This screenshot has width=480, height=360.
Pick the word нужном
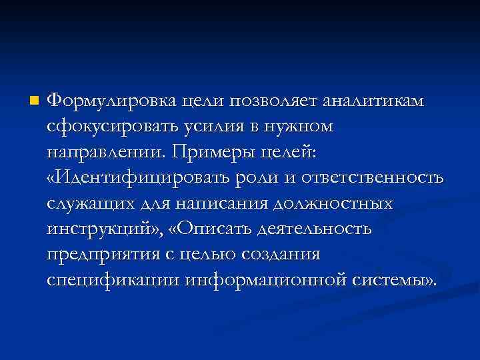(x=297, y=127)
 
